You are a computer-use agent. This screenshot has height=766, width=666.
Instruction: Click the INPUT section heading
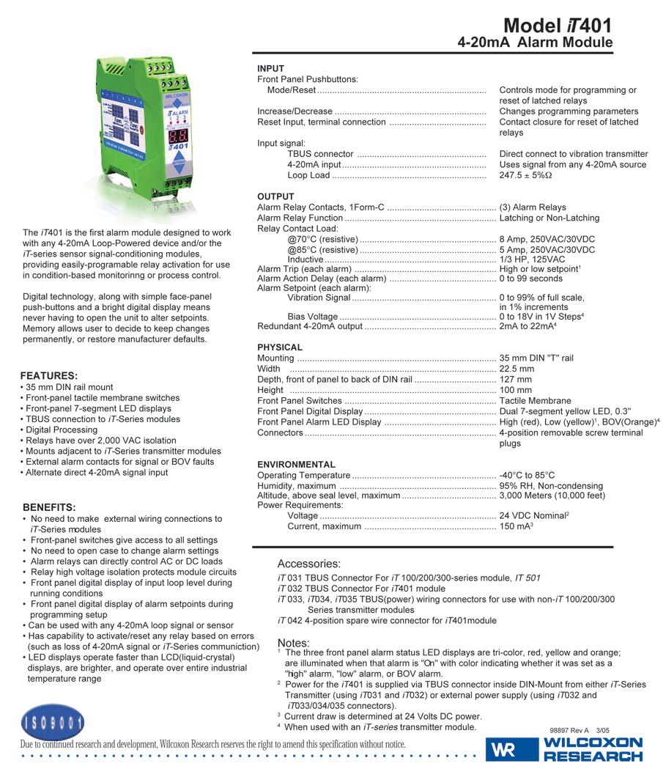[270, 68]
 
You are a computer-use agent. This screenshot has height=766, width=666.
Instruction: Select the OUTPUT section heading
[275, 196]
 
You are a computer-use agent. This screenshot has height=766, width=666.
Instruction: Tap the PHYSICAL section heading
[280, 347]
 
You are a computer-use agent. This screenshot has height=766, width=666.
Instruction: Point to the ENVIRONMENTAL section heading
[296, 465]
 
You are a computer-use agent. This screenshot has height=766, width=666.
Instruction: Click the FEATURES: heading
[49, 375]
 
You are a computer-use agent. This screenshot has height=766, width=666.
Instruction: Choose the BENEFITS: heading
[49, 507]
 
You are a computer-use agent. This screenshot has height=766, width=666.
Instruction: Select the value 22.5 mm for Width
[517, 369]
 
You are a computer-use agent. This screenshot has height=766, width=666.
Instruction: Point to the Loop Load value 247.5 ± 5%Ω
[525, 176]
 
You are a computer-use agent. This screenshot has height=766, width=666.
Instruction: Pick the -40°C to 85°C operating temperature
[527, 476]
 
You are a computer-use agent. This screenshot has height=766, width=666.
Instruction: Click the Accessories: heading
[308, 564]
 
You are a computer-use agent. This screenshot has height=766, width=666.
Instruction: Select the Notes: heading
[293, 643]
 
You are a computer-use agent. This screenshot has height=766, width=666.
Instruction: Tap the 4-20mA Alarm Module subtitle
[535, 43]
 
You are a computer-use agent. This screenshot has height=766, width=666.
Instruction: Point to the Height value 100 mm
[515, 390]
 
